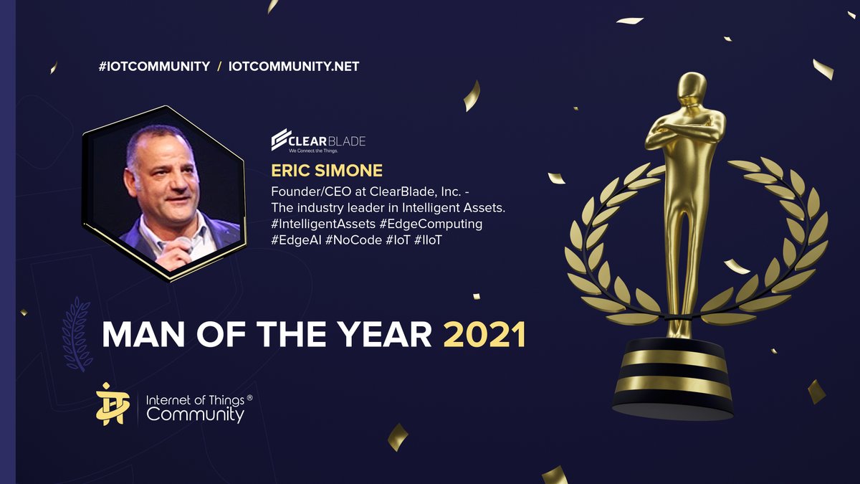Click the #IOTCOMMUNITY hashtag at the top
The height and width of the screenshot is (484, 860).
(154, 67)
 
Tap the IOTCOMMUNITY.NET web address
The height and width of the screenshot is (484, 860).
(294, 67)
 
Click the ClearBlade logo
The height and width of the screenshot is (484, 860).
(318, 141)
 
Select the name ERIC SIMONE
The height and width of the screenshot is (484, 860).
(327, 171)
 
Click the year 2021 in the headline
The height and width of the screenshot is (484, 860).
(484, 334)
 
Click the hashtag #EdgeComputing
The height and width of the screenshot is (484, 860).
(431, 224)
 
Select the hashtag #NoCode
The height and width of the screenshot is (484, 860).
(353, 240)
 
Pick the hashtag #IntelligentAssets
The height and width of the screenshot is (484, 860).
(323, 224)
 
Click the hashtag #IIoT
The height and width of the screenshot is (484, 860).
(428, 240)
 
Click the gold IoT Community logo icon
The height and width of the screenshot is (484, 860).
(110, 404)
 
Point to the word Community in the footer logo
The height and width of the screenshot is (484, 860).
(196, 414)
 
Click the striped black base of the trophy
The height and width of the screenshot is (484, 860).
(673, 379)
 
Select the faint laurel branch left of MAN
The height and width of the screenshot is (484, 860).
(77, 334)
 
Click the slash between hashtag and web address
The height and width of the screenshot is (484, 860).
(219, 67)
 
